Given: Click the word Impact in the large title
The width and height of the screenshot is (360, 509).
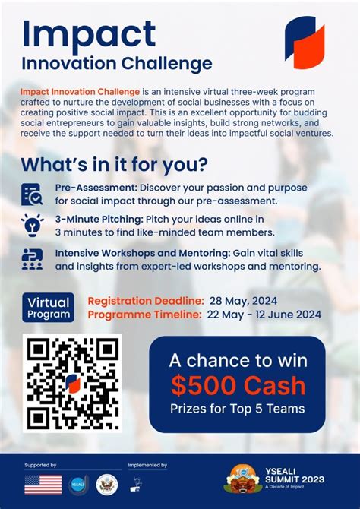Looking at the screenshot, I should (89, 34).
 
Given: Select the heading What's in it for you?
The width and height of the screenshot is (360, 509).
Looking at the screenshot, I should (114, 164).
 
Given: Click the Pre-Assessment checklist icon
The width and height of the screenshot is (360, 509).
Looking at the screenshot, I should (32, 194).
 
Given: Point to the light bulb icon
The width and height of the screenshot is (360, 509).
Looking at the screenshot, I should (32, 226).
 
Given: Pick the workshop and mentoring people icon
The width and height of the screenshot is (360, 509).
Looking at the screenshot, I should (32, 259).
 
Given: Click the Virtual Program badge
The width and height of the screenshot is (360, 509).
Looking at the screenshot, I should (49, 306).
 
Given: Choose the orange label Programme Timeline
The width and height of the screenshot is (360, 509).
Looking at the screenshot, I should (144, 314).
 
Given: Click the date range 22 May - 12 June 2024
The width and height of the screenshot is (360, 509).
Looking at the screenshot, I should (265, 314).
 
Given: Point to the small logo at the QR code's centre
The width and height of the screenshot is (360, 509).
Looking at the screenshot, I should (72, 383).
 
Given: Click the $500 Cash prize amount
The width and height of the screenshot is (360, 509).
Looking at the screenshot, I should (237, 385).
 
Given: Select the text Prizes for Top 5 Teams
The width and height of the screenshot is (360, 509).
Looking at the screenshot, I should (237, 409).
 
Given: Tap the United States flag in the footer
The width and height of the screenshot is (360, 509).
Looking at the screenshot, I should (43, 485).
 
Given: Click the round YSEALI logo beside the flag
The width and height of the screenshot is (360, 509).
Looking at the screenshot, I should (78, 485).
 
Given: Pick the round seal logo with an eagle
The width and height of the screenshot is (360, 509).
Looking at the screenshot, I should (106, 485).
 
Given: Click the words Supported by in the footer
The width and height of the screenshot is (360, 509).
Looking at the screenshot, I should (40, 464).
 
